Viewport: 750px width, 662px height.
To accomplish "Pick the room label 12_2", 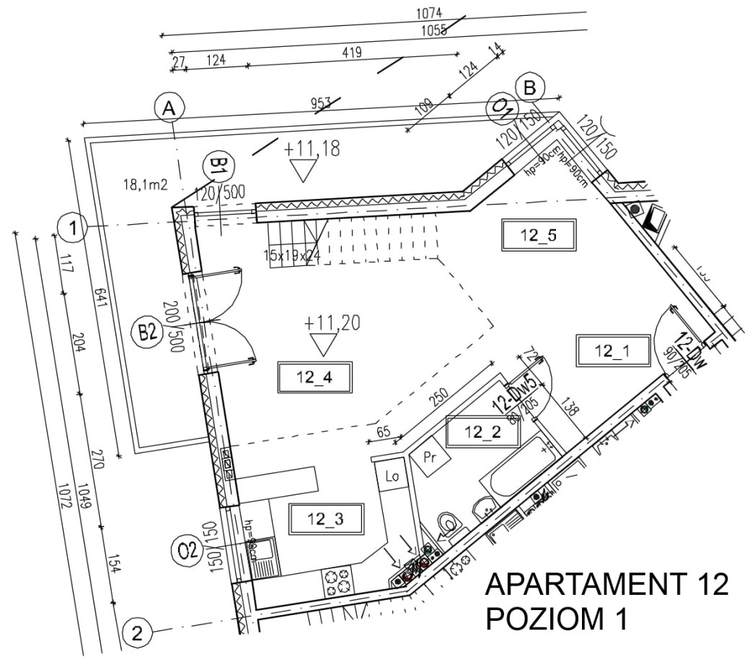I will [x=482, y=432].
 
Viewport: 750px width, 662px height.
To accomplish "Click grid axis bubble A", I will [x=169, y=109].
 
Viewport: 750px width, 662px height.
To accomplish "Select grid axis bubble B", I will [x=529, y=89].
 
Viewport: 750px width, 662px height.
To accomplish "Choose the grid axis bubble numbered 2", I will [x=136, y=634].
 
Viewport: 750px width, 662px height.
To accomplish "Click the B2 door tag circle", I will [x=148, y=332].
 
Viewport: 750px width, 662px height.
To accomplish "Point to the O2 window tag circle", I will [x=187, y=552].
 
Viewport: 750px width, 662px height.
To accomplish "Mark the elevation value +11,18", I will [x=312, y=149].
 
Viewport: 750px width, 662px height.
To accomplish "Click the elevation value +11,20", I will [x=332, y=323].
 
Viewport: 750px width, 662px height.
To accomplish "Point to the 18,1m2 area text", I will [x=146, y=185].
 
